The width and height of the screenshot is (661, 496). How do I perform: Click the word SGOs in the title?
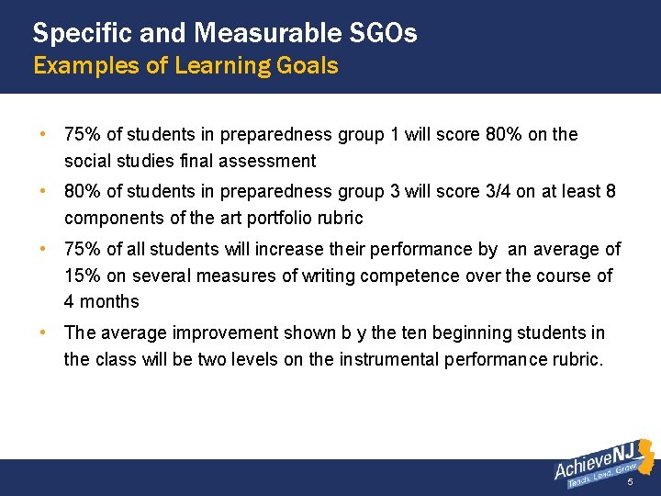(x=384, y=34)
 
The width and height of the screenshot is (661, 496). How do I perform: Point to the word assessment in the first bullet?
(x=273, y=161)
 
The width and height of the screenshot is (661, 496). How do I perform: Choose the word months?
(x=109, y=301)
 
